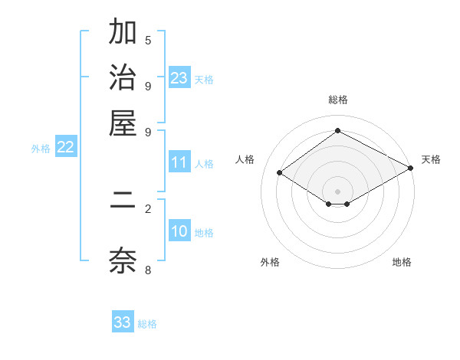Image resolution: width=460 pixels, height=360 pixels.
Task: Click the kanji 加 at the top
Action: (123, 34)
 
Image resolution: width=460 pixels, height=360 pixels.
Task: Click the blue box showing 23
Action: (179, 78)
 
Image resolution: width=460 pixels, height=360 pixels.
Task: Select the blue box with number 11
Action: (179, 162)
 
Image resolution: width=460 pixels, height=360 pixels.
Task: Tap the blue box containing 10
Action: (179, 232)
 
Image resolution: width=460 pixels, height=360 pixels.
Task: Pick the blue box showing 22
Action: (65, 148)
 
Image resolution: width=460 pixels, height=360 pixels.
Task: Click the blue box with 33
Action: (123, 322)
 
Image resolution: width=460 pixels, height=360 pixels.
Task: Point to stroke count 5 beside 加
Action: (148, 41)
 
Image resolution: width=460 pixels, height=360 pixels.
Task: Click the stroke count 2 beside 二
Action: (148, 208)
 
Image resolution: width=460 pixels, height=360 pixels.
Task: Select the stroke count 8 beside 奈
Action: (148, 269)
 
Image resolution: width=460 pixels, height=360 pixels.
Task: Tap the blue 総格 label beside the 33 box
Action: (147, 324)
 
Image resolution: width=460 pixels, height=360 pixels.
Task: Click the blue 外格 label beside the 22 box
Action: (40, 149)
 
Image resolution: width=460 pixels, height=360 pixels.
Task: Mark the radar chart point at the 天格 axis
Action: (412, 169)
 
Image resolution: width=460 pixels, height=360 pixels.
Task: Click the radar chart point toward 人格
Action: (280, 173)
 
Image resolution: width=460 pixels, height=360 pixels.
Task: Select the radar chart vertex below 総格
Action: (337, 130)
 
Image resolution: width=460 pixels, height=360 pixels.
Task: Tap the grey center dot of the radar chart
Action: (337, 191)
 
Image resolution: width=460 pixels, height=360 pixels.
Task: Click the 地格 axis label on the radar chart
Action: (402, 263)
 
